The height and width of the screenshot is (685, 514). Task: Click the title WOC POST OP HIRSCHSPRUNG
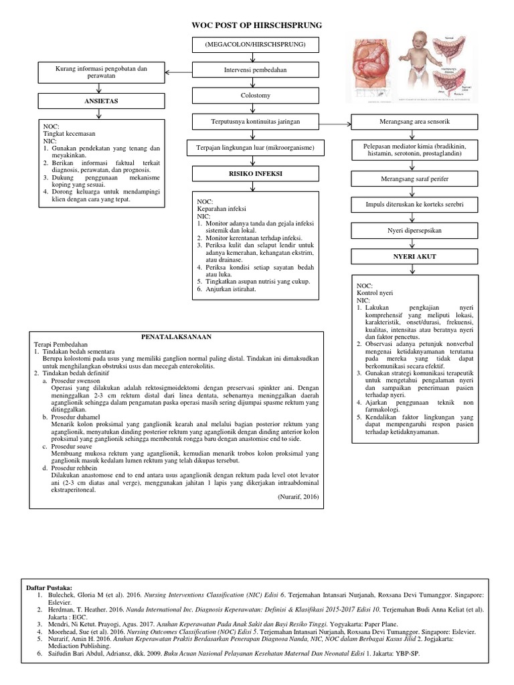(x=257, y=25)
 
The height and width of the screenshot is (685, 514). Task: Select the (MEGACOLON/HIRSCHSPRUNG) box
(x=256, y=45)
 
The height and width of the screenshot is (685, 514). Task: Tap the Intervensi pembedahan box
(x=256, y=70)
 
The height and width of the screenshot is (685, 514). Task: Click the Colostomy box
(x=256, y=96)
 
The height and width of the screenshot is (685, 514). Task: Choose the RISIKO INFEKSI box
(x=256, y=173)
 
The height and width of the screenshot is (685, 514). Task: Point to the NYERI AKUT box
(x=414, y=256)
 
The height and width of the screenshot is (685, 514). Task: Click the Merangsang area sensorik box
(x=414, y=122)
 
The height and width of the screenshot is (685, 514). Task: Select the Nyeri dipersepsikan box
(x=414, y=230)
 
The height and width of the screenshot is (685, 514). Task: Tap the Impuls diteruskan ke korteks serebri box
(x=414, y=205)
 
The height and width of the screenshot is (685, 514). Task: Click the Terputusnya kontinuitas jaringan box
(x=256, y=122)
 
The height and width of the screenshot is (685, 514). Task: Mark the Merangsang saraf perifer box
(x=414, y=179)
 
